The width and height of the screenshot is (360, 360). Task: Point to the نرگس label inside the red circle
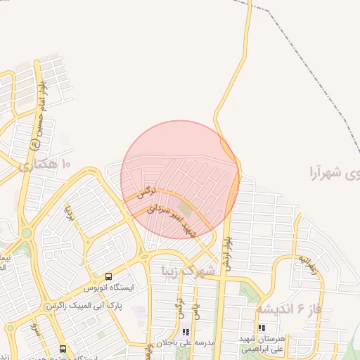pos(146,191)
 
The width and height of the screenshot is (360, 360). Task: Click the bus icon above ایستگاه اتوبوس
pos(108,276)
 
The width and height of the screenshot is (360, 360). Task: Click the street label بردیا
pos(70,211)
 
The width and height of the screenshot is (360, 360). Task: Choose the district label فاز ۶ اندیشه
pos(288,309)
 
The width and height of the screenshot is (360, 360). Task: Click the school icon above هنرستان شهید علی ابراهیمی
pos(262,328)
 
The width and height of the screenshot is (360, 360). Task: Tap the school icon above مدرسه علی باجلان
pos(186,332)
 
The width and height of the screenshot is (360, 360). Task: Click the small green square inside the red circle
pos(184,209)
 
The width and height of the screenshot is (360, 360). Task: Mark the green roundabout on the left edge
pos(26,233)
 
